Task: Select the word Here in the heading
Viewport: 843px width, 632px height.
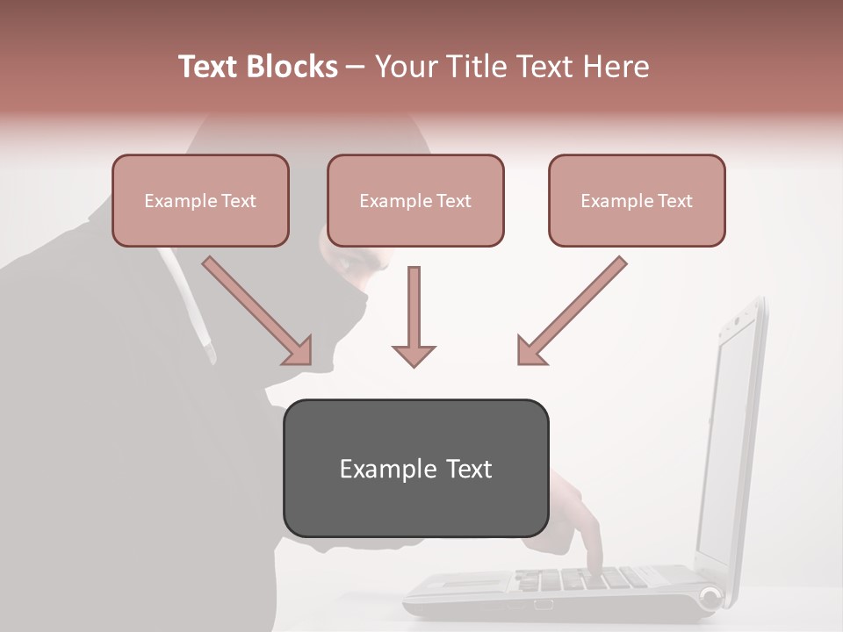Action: pyautogui.click(x=617, y=67)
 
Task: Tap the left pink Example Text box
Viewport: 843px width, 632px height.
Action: pyautogui.click(x=200, y=200)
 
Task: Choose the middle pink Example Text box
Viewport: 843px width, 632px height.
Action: pyautogui.click(x=415, y=200)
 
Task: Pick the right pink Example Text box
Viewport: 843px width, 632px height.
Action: pyautogui.click(x=637, y=200)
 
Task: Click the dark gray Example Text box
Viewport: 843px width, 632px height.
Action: pyautogui.click(x=415, y=468)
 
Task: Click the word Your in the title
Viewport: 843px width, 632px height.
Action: pyautogui.click(x=407, y=67)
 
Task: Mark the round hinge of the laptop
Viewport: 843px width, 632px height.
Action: pyautogui.click(x=710, y=600)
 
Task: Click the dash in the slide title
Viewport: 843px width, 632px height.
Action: pyautogui.click(x=356, y=67)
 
